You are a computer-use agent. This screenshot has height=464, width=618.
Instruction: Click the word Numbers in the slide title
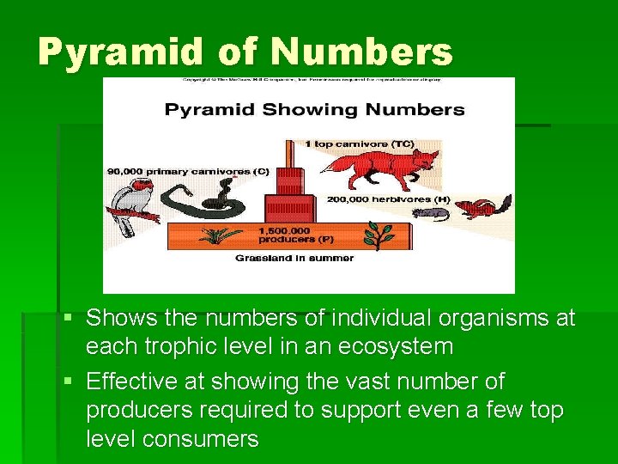point(361,53)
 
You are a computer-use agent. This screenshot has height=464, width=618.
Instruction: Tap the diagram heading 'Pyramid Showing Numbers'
point(314,110)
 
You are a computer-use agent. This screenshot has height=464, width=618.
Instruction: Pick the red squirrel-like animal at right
point(482,207)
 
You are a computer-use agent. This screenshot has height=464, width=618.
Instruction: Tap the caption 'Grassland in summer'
point(294,257)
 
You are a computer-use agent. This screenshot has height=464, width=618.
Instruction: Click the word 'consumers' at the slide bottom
point(203,439)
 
